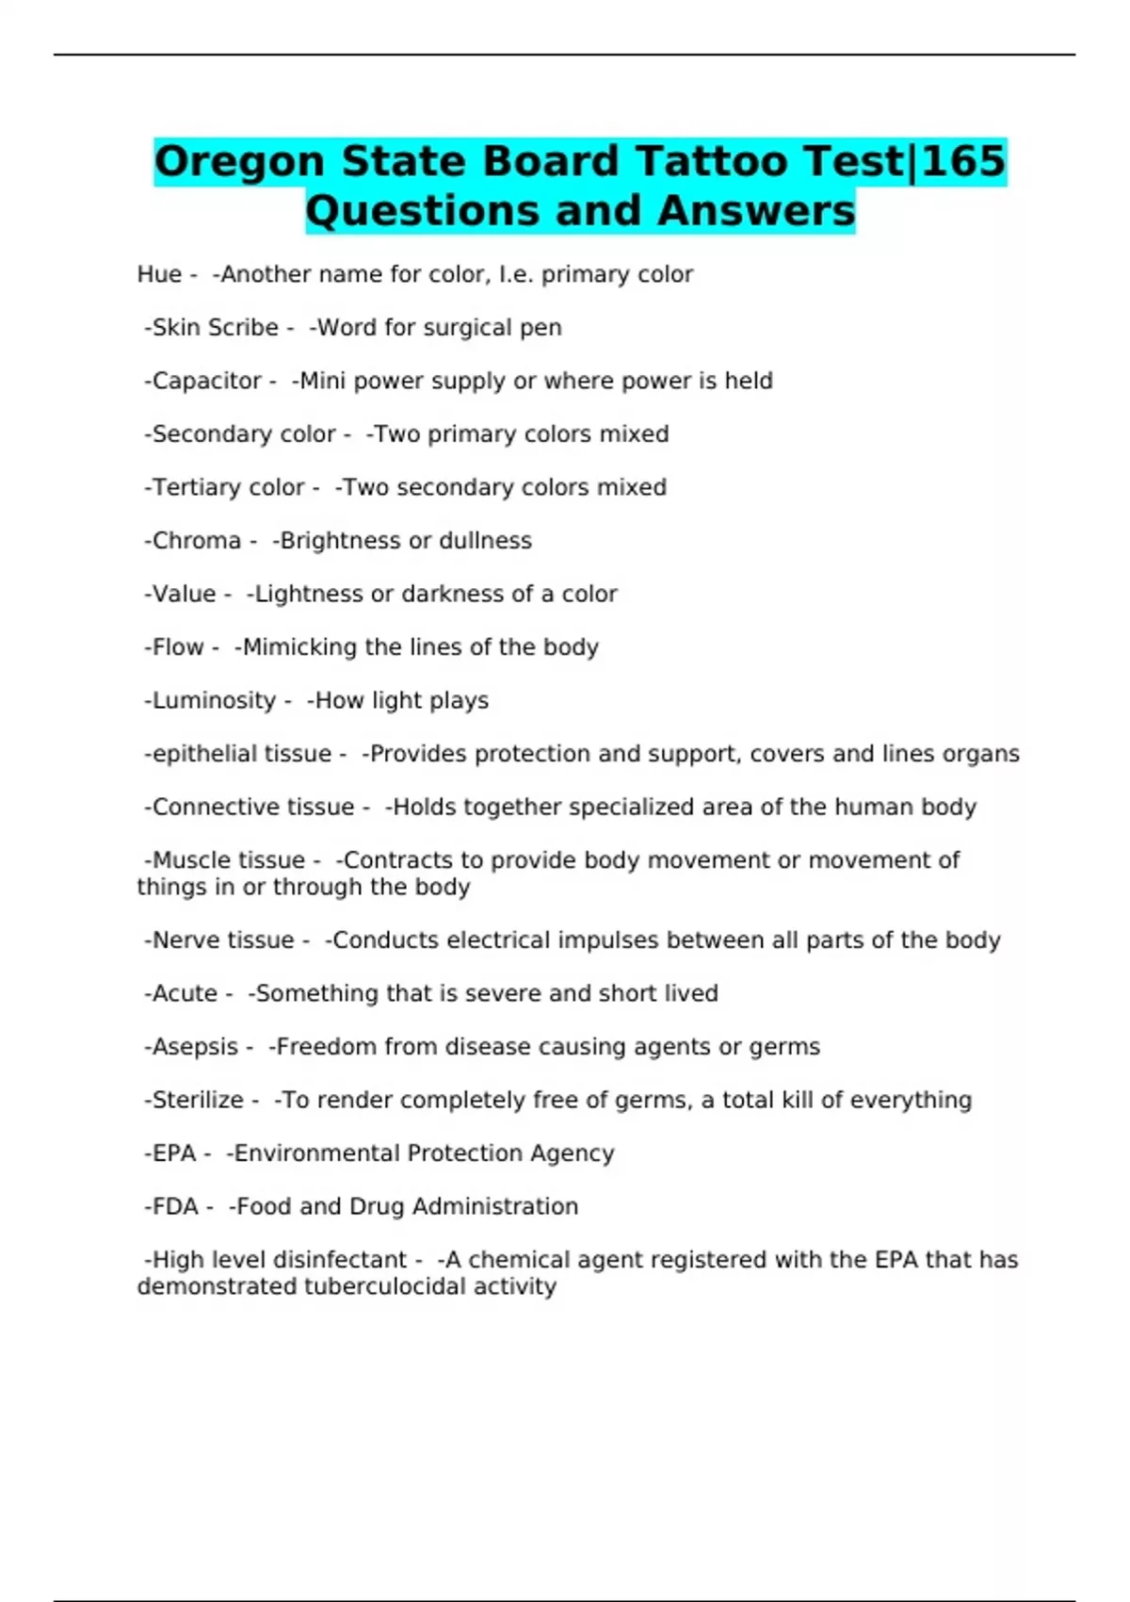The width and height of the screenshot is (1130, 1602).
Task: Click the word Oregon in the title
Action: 240,161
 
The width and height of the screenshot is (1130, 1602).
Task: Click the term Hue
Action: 159,274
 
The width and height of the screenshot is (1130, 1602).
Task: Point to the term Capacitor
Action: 206,381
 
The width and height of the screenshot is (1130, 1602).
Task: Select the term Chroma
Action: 196,541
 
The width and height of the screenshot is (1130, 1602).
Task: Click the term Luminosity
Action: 214,701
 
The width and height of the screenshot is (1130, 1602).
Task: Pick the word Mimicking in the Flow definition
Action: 299,647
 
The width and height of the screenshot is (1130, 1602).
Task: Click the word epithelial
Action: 195,754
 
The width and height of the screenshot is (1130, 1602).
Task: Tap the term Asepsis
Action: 195,1047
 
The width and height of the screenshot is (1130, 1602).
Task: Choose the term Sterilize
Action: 198,1100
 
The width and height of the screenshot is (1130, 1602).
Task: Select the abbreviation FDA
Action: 175,1207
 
